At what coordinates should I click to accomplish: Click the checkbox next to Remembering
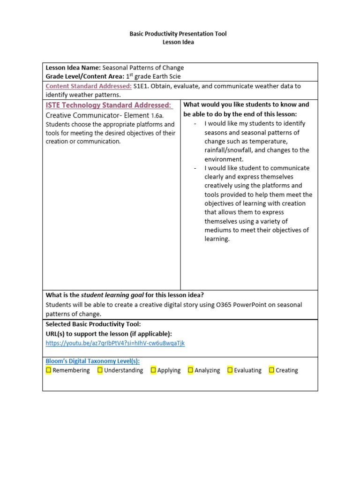[x=49, y=370]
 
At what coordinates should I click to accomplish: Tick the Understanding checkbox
[x=100, y=370]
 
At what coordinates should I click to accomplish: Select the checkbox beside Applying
[x=153, y=370]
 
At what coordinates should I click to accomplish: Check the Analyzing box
[x=190, y=370]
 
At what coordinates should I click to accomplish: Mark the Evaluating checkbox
[x=230, y=370]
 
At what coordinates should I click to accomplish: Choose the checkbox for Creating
[x=271, y=370]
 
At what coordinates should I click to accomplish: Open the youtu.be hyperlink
[x=115, y=343]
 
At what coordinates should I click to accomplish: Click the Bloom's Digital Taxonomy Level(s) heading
[x=92, y=361]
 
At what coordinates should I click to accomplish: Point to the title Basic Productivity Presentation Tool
[x=178, y=34]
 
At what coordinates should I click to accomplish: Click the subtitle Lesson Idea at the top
[x=178, y=42]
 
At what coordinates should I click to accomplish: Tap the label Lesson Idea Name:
[x=73, y=67]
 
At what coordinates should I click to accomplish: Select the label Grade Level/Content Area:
[x=85, y=76]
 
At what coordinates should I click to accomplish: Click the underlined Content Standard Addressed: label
[x=89, y=86]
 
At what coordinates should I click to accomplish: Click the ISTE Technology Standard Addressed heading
[x=108, y=105]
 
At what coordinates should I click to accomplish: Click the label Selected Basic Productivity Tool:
[x=93, y=324]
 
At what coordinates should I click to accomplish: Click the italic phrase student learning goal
[x=112, y=295]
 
